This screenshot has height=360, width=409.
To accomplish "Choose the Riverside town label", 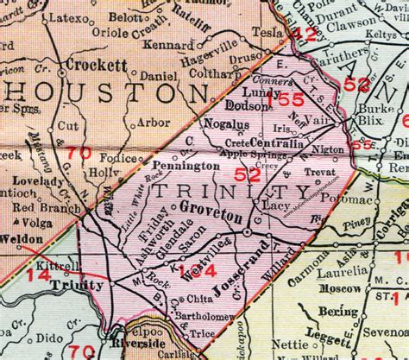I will point(136,339).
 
